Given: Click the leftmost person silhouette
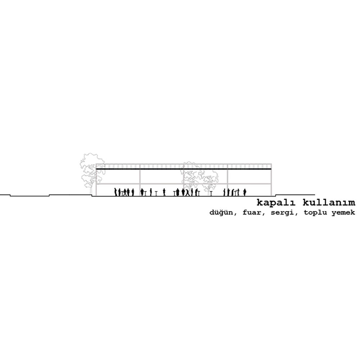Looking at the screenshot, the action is (116, 192).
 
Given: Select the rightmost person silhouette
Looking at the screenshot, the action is (244, 192).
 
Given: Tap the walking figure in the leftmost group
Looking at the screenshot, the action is (125, 192).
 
